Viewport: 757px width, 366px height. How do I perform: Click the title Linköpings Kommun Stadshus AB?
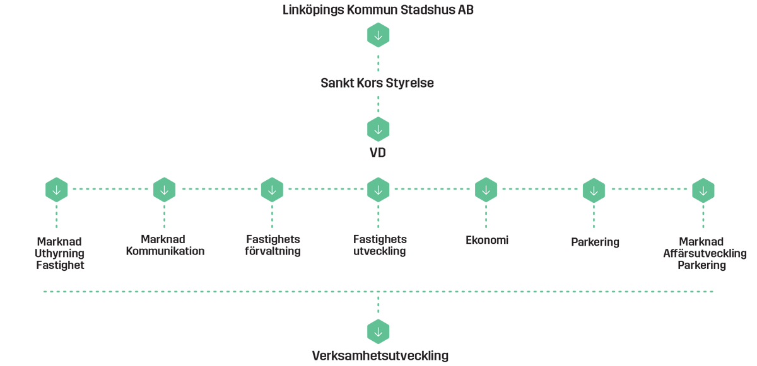378,9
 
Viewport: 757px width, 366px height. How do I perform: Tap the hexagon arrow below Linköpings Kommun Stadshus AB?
378,35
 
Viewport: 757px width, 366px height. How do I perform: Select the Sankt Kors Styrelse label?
378,83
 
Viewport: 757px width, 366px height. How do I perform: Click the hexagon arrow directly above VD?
378,129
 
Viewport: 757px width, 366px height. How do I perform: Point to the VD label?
378,152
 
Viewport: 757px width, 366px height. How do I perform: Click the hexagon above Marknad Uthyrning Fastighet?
57,189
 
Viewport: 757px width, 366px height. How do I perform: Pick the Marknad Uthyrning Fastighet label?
60,253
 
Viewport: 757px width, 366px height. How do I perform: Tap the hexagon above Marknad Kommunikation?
164,189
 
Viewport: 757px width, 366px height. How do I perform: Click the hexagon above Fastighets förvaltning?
272,189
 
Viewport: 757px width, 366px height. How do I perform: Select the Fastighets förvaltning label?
273,245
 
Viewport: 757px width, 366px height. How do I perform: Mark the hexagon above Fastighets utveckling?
378,189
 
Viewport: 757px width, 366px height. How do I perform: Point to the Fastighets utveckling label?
380,245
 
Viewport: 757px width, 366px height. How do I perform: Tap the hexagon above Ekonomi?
486,189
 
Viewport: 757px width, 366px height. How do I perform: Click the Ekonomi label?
486,240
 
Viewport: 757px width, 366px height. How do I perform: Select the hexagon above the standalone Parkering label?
594,189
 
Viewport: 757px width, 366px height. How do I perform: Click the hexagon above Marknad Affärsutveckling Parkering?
703,189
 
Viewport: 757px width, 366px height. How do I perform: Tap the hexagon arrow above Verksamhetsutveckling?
378,331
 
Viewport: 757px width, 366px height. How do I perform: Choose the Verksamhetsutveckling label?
380,355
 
